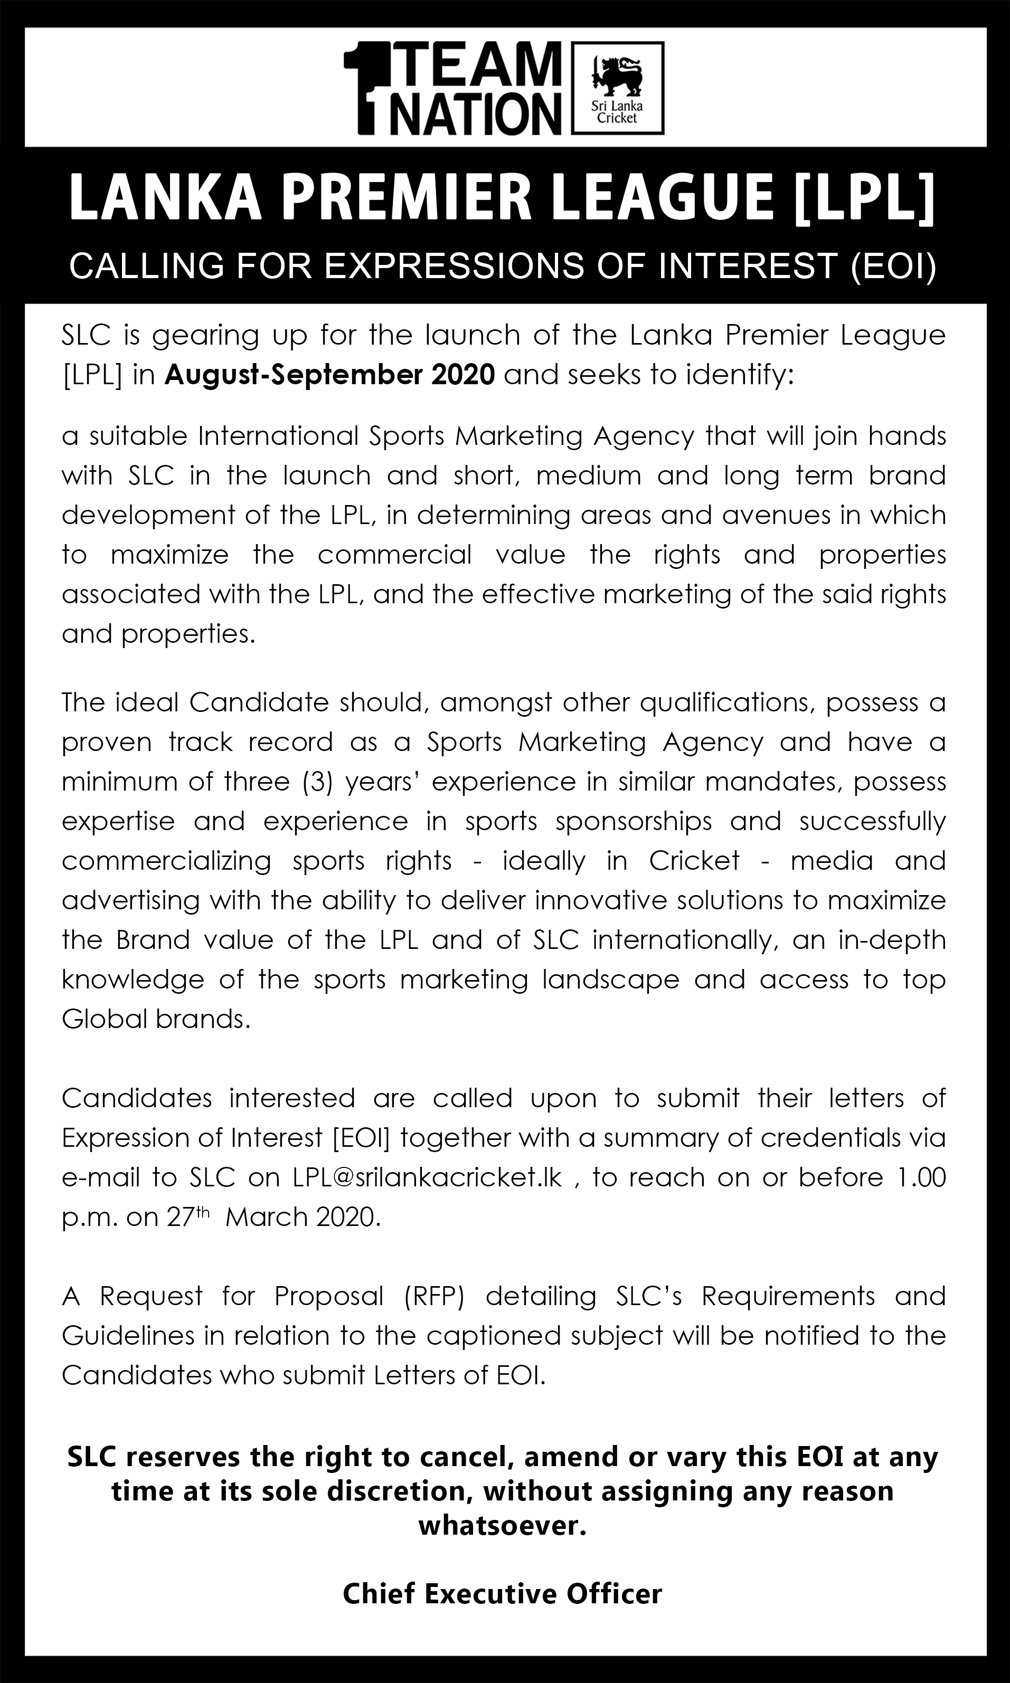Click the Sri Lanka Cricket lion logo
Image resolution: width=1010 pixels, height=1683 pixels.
[x=619, y=87]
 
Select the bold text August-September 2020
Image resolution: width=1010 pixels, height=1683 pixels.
[x=329, y=375]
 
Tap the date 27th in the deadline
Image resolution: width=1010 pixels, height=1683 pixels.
[x=190, y=1216]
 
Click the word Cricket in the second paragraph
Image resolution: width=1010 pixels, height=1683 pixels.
[x=694, y=861]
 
